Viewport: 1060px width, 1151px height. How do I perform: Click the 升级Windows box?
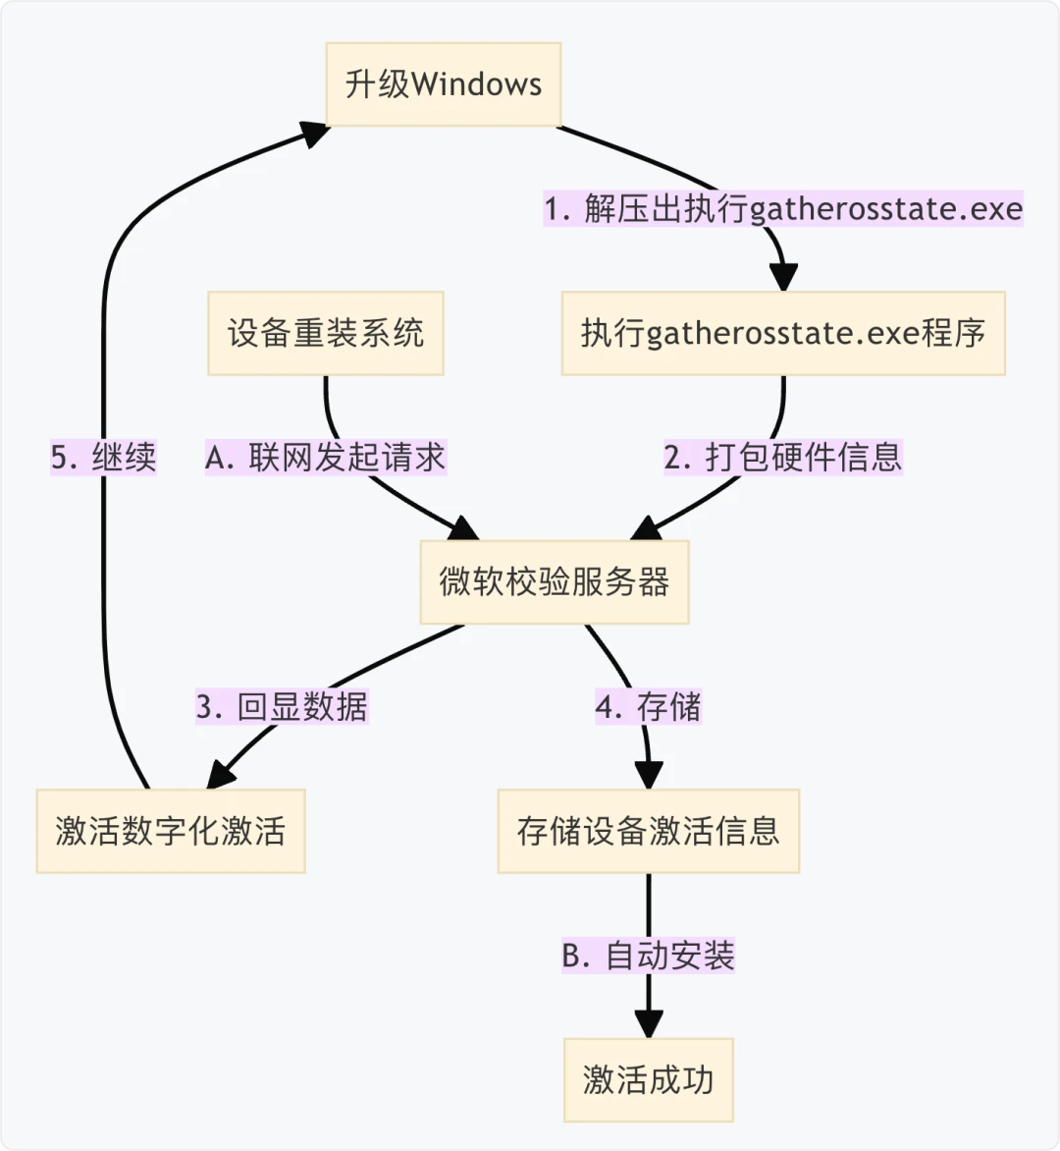tap(443, 83)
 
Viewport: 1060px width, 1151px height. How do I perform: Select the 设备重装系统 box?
tap(325, 333)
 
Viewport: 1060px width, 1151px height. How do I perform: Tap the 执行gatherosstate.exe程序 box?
tap(782, 333)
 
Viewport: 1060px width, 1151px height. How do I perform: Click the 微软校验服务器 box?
tap(554, 581)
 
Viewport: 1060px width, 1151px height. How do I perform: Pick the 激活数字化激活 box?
tap(170, 831)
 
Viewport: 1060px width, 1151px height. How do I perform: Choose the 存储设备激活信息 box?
tap(648, 831)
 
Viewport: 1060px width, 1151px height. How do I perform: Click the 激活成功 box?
tap(648, 1079)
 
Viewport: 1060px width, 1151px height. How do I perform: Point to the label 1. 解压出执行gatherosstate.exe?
tap(783, 209)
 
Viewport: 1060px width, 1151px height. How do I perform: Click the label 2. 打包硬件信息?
tap(782, 458)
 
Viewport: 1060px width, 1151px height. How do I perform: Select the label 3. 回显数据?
tap(281, 707)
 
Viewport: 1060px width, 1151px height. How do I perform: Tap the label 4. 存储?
tap(648, 707)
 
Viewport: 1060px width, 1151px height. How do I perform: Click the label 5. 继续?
tap(103, 458)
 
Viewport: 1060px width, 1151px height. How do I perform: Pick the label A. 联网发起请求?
tap(325, 458)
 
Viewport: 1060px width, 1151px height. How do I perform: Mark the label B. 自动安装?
tap(648, 956)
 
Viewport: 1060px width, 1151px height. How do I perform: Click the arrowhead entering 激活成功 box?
tap(648, 1024)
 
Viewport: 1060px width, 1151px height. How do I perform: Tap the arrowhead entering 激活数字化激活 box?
tap(221, 776)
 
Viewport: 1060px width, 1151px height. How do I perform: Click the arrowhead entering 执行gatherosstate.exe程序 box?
tap(782, 277)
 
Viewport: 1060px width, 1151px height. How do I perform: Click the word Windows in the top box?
tap(476, 83)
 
